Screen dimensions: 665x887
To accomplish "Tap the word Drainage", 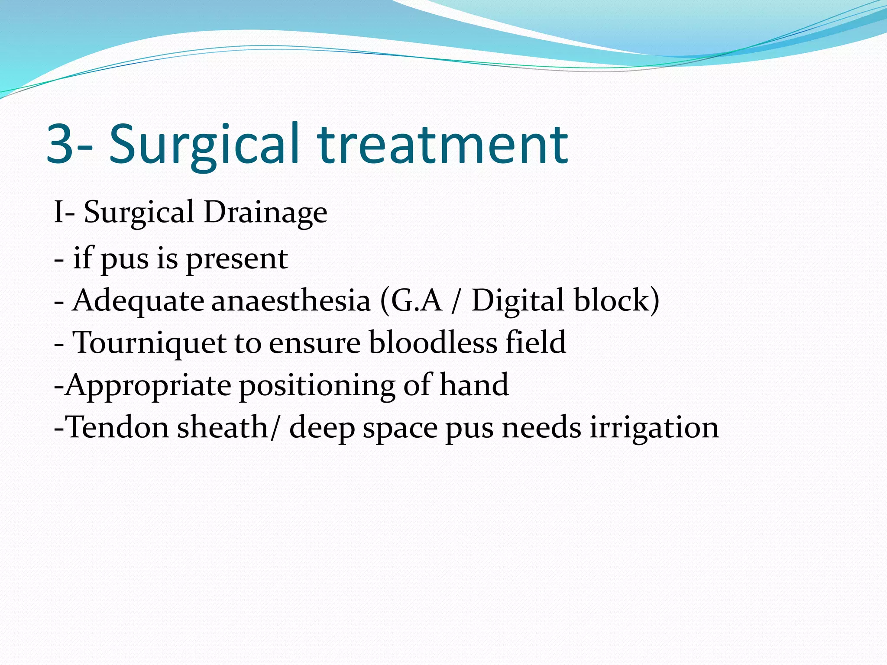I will (x=265, y=213).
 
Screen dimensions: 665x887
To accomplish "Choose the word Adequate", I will (x=138, y=301).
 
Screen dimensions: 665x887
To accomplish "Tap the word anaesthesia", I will (x=291, y=300).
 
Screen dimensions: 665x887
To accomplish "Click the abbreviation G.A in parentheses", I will (x=416, y=300).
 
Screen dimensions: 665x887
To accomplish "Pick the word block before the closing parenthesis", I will (x=612, y=300).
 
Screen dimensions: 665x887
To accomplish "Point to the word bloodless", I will (x=433, y=342).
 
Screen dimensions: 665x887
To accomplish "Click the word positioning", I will (x=317, y=386).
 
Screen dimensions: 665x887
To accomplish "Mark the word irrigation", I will (x=654, y=428).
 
